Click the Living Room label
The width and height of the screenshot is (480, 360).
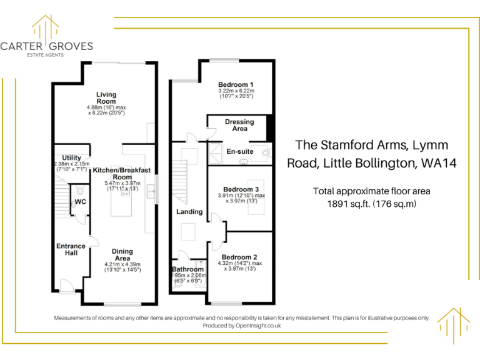tap(106, 98)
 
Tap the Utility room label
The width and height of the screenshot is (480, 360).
tap(71, 157)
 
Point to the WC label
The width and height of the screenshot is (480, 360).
tap(80, 202)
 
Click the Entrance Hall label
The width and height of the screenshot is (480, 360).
tap(71, 250)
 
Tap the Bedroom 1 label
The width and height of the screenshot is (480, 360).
tap(236, 84)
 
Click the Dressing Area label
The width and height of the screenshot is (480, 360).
tap(239, 125)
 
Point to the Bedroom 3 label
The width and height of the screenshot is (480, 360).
tap(241, 189)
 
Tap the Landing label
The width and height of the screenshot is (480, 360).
tap(189, 212)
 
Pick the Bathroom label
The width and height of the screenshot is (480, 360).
tap(187, 270)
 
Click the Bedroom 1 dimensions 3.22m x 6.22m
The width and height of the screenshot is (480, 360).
tap(236, 91)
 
